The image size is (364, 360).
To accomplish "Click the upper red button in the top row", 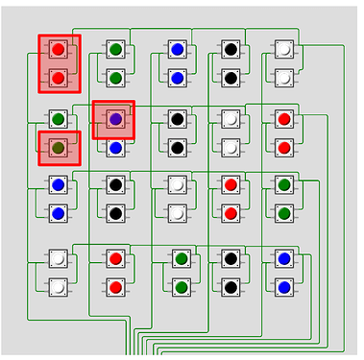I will click(x=59, y=49).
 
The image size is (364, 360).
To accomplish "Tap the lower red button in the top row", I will click(x=59, y=78).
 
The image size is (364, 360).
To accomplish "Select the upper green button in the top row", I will click(x=115, y=49).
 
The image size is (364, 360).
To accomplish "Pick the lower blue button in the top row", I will click(x=177, y=78).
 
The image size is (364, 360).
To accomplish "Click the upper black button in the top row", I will click(x=231, y=49).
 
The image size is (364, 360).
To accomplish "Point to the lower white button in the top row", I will click(x=284, y=78).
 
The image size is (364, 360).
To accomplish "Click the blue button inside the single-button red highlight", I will click(x=115, y=119).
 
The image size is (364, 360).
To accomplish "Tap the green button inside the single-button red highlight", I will click(x=59, y=148).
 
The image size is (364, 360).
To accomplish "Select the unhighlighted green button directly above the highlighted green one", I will click(x=59, y=119).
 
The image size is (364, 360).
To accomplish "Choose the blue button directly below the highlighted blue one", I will click(x=115, y=148).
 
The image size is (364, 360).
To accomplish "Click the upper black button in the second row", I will click(x=177, y=119).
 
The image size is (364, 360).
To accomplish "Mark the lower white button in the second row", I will click(x=231, y=148).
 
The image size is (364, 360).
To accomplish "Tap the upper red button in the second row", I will click(x=284, y=119).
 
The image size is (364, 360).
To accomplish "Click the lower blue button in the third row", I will click(x=59, y=213).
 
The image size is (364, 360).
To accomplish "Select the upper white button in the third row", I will click(x=177, y=184).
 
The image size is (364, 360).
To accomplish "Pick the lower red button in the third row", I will click(x=231, y=213).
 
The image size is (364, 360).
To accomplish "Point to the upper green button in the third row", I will click(x=284, y=184).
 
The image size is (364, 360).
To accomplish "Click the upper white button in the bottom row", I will click(x=59, y=258).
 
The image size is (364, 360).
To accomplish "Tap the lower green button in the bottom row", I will click(x=182, y=287).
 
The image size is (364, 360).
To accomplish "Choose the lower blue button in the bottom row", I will click(x=284, y=287).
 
